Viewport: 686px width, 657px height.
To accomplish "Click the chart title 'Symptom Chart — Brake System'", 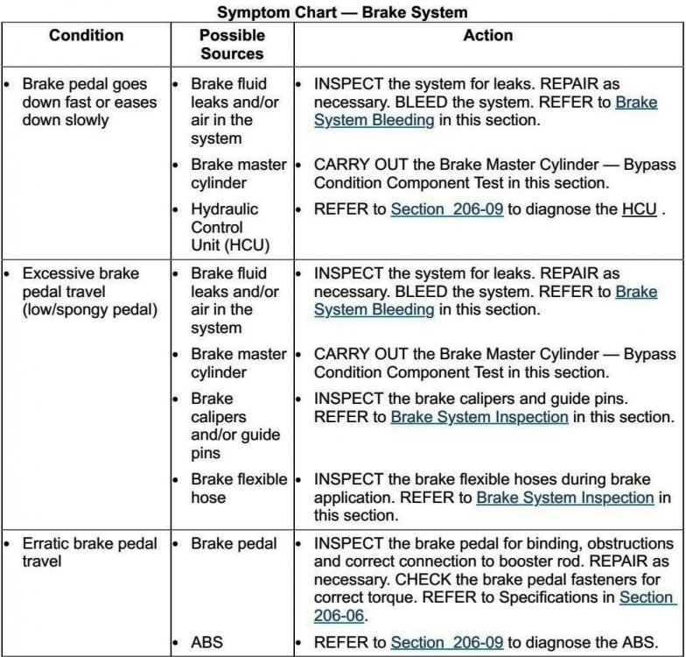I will tap(342, 13).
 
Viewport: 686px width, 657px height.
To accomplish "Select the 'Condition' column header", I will tap(87, 36).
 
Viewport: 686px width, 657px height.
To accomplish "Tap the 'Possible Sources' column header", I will tap(232, 45).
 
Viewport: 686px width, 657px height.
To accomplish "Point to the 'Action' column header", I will tap(488, 36).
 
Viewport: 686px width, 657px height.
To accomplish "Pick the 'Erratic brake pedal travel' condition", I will tap(89, 552).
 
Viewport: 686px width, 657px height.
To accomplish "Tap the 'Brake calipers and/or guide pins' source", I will tap(234, 426).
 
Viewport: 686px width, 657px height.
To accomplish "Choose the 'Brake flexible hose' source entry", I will tap(238, 488).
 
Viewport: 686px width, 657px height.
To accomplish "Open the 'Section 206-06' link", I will tap(647, 606).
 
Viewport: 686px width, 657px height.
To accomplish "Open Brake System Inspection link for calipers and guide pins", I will tap(479, 417).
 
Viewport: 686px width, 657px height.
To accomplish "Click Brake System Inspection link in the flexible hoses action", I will tap(564, 498).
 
